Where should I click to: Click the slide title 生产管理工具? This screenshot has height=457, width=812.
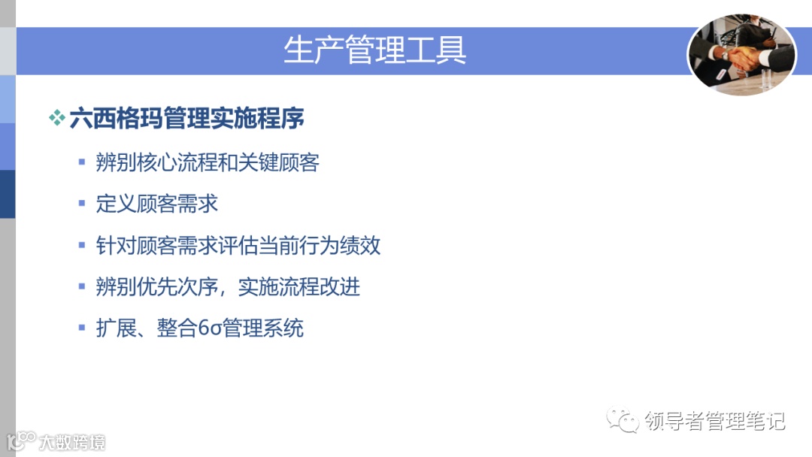coord(375,50)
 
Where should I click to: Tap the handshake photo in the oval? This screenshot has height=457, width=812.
coord(741,54)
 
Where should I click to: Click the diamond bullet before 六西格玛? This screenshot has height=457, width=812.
coord(57,119)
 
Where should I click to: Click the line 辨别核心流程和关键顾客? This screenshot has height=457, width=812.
coord(208,162)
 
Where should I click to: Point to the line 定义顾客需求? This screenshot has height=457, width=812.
coord(156,204)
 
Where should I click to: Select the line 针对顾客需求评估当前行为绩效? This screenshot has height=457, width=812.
coord(238,245)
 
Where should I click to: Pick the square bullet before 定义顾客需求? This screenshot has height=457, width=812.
coord(82,204)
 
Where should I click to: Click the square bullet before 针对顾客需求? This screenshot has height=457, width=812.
coord(82,245)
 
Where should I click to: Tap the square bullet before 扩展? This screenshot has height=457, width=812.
coord(82,328)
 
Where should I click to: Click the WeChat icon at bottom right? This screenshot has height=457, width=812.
coord(623,420)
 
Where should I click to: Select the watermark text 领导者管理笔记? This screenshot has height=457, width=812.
coord(714,421)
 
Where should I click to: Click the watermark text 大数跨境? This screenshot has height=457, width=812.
coord(72,441)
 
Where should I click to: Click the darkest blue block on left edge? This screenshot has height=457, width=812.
coord(8,194)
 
